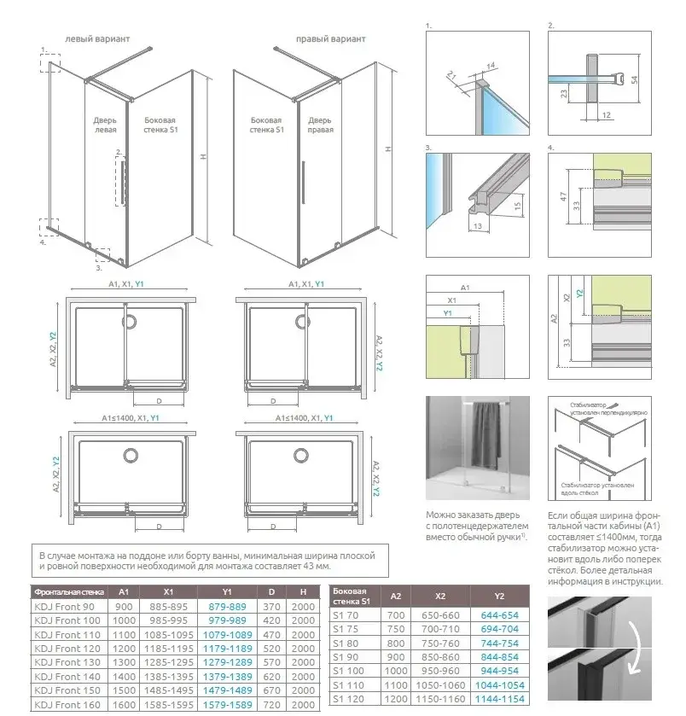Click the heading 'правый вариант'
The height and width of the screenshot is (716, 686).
pyautogui.click(x=331, y=39)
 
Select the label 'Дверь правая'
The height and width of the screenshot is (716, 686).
pyautogui.click(x=321, y=125)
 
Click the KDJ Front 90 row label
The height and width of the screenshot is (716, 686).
pyautogui.click(x=61, y=606)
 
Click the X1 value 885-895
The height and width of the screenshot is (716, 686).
pyautogui.click(x=168, y=606)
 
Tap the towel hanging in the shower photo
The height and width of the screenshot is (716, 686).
pyautogui.click(x=489, y=432)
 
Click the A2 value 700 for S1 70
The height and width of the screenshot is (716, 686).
pyautogui.click(x=396, y=614)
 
